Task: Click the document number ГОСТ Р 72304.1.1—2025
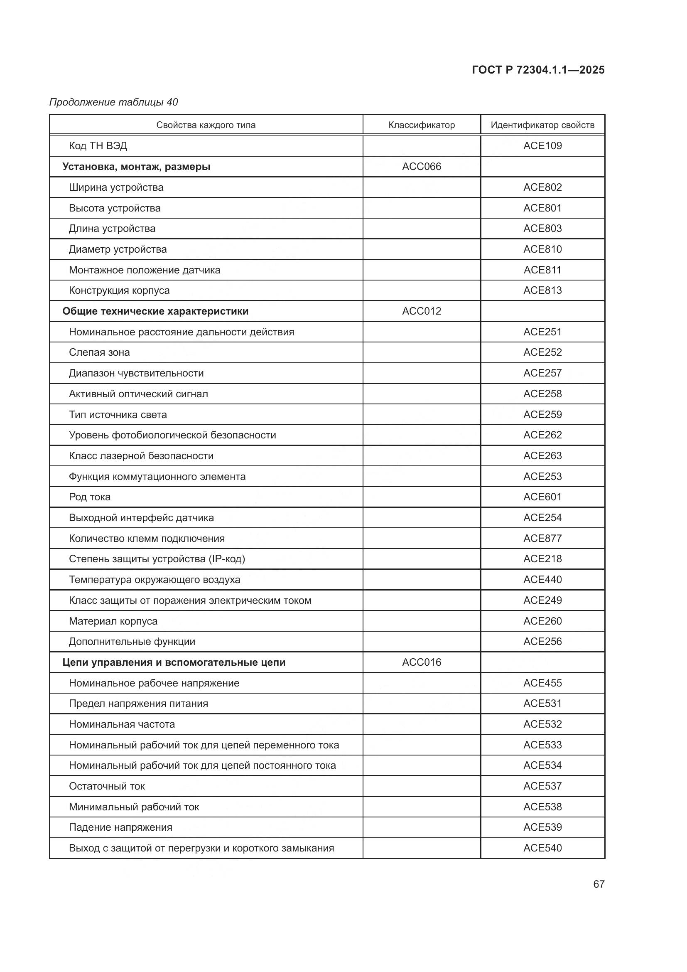tap(537, 70)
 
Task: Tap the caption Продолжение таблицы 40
tap(113, 102)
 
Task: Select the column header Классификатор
tap(421, 125)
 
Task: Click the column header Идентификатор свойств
tap(542, 125)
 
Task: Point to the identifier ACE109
tap(542, 145)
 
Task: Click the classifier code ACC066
tap(421, 166)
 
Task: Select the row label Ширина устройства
tap(116, 187)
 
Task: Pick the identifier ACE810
tap(542, 249)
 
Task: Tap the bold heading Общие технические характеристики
tap(155, 311)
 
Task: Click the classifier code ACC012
tap(421, 311)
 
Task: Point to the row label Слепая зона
tap(99, 352)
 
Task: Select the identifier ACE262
tap(542, 435)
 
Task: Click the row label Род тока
tap(90, 497)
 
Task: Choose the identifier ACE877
tap(542, 538)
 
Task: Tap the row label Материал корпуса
tap(113, 621)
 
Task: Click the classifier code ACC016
tap(421, 662)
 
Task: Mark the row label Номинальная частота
tap(122, 724)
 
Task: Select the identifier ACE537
tap(542, 786)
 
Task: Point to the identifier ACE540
tap(542, 848)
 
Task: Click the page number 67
tap(599, 884)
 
